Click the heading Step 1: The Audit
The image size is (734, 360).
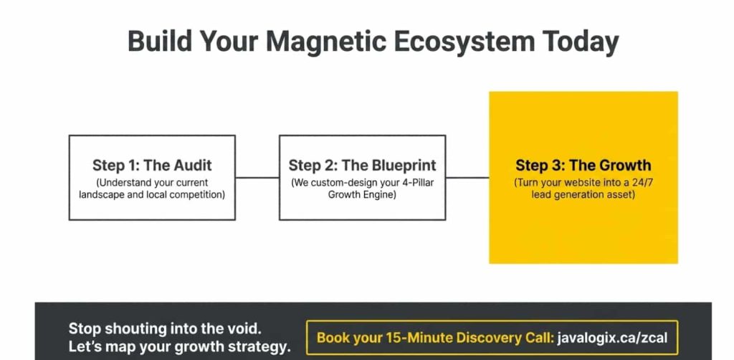pos(152,165)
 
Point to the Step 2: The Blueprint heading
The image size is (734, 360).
pos(362,165)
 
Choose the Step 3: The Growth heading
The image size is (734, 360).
pos(583,165)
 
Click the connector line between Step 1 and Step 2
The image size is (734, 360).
pos(257,177)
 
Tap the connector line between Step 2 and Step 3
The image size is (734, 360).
pos(467,177)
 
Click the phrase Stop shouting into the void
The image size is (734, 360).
pos(165,329)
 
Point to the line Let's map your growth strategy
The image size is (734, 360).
pos(179,348)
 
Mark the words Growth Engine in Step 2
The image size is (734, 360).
pos(362,194)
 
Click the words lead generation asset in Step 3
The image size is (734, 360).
pos(583,194)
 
